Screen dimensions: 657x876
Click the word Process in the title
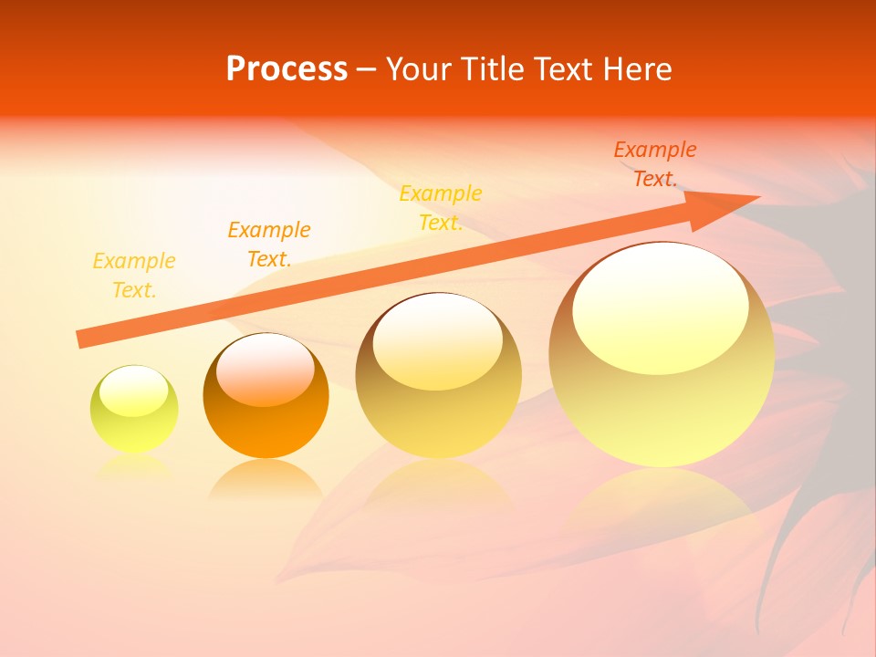(x=287, y=69)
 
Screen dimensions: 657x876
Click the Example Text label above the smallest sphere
(x=134, y=276)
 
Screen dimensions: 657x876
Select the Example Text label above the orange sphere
(x=269, y=245)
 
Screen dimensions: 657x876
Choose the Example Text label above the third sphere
(x=441, y=208)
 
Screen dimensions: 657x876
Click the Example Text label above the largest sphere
(x=654, y=164)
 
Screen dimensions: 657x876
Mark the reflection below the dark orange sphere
(x=266, y=478)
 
